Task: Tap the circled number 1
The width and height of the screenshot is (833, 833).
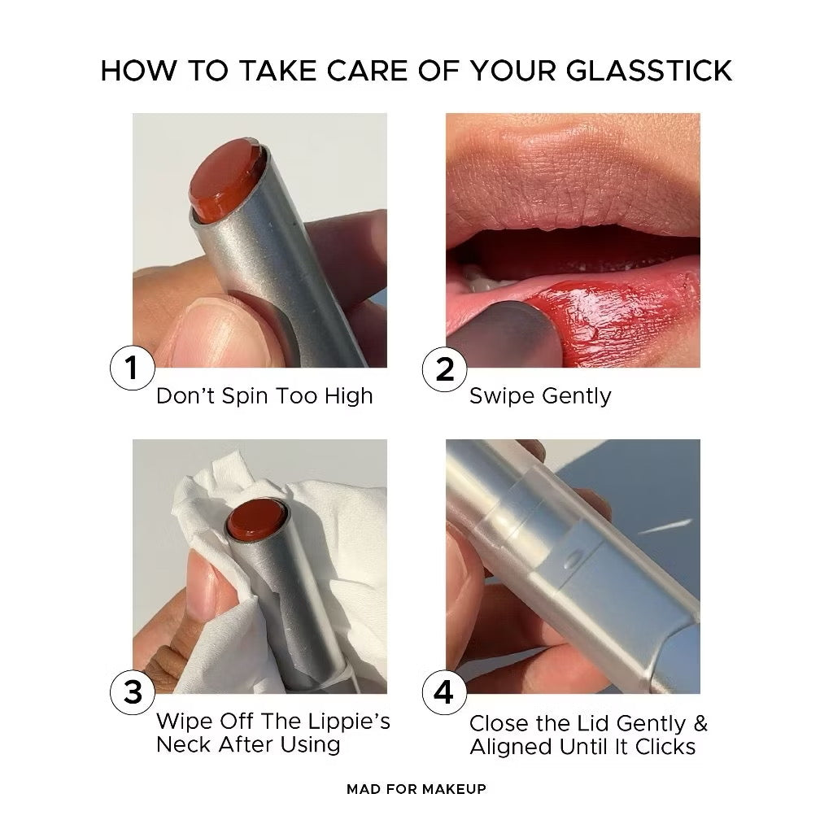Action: [132, 369]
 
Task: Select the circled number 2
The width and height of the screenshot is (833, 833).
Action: [445, 369]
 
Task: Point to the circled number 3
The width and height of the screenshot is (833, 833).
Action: [132, 693]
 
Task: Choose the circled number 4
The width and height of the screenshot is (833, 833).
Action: [445, 693]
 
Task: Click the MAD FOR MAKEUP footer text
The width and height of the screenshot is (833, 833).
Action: [416, 789]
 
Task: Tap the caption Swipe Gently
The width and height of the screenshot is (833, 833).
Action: [540, 396]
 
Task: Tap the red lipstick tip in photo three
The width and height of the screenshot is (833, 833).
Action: [254, 521]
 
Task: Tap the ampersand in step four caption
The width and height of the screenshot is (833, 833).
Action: [699, 723]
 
